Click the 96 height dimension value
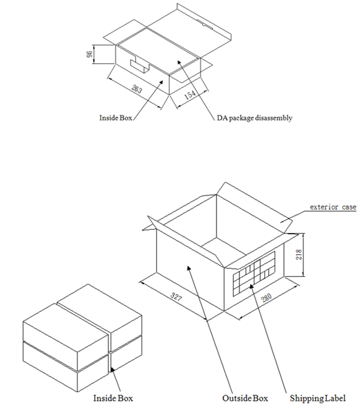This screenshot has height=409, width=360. click(89, 54)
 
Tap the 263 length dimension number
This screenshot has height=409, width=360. click(137, 89)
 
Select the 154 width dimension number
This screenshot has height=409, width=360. click(190, 95)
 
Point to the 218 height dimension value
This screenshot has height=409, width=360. click(299, 254)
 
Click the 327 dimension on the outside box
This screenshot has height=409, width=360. click(176, 297)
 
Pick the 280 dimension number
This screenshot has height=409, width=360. click(266, 297)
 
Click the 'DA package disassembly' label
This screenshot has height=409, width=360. click(255, 118)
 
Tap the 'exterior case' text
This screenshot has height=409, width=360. click(333, 207)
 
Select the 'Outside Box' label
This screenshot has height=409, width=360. click(245, 398)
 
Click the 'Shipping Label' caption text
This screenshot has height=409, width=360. click(318, 398)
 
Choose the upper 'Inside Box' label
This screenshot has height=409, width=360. click(116, 118)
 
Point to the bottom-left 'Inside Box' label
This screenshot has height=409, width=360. click(113, 398)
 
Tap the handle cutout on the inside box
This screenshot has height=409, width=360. click(140, 67)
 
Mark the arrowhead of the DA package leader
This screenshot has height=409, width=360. click(179, 62)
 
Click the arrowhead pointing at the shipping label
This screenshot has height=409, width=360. click(251, 287)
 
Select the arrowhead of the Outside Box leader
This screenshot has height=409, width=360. click(189, 269)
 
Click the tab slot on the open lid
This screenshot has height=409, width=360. click(205, 24)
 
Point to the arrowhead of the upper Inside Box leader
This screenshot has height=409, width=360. click(162, 82)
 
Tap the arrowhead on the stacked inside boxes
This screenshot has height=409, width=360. click(112, 370)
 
